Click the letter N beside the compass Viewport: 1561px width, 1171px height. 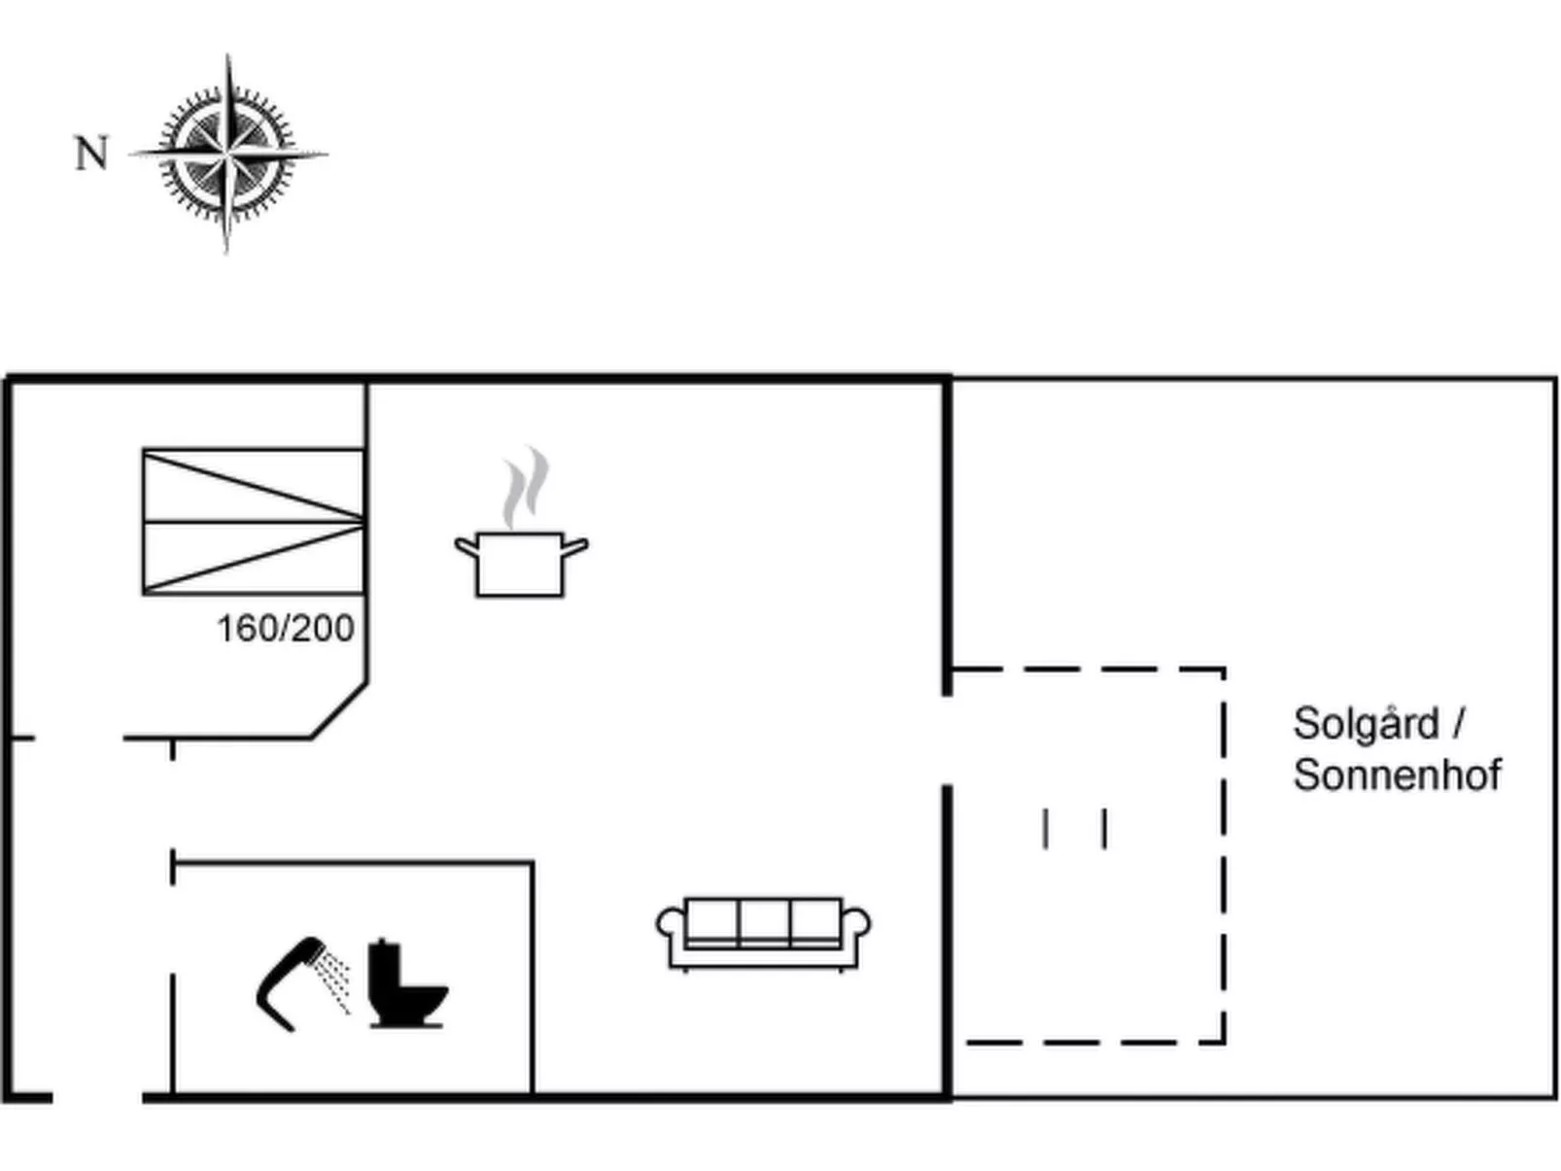[x=91, y=154]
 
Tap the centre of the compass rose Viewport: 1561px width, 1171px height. [x=227, y=154]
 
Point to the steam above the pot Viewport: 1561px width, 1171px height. [x=525, y=487]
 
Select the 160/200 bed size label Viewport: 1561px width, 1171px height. [x=285, y=629]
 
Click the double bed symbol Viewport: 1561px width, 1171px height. [x=254, y=522]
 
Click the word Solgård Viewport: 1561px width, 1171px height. [x=1366, y=725]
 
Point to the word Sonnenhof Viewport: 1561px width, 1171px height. [x=1397, y=775]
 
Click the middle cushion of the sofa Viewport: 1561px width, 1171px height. [x=764, y=921]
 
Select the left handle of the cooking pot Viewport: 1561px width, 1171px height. [x=466, y=547]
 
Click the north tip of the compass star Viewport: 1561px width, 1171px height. [x=128, y=154]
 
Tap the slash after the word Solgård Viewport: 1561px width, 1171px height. [x=1458, y=724]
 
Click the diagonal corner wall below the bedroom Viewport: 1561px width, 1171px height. [x=339, y=710]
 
